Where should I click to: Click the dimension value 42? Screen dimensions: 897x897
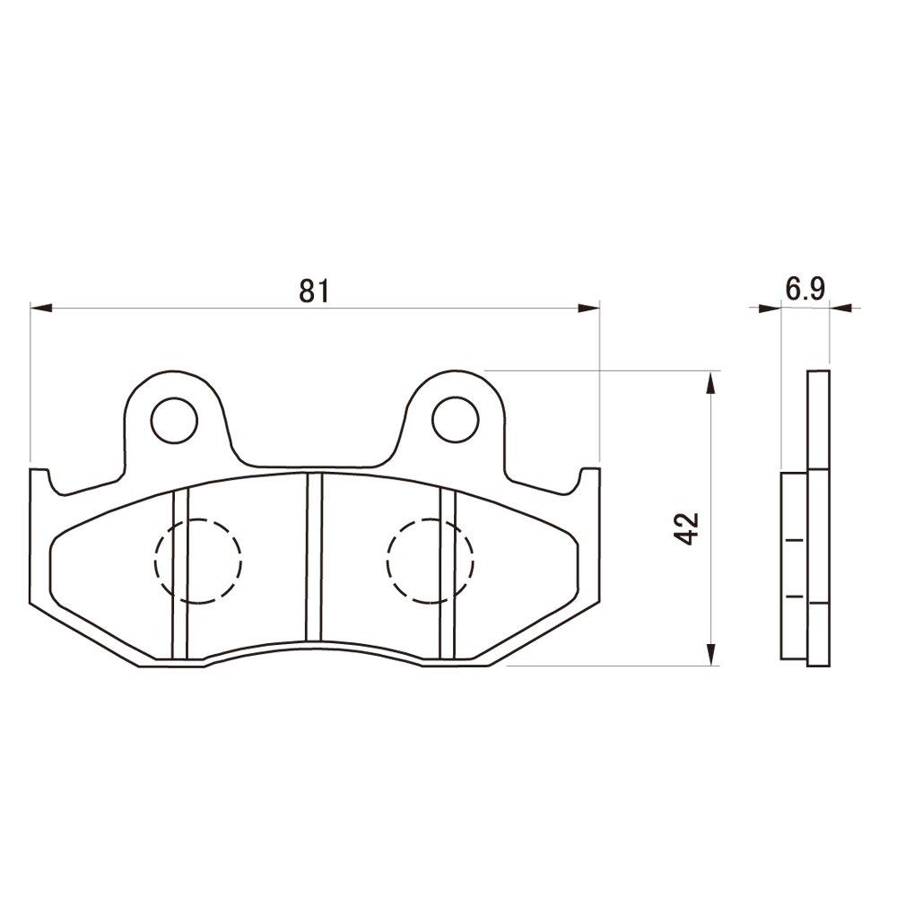(x=688, y=529)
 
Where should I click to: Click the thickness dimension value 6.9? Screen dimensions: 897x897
(x=805, y=289)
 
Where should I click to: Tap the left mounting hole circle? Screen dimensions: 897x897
(x=174, y=418)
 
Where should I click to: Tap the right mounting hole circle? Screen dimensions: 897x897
(x=455, y=418)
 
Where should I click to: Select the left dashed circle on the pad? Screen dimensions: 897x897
(x=198, y=561)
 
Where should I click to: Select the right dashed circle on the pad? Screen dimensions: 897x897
(x=431, y=561)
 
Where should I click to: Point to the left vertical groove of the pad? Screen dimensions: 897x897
(x=179, y=574)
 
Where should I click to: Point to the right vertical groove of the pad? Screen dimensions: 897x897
(x=448, y=574)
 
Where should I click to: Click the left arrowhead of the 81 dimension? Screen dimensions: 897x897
(x=41, y=309)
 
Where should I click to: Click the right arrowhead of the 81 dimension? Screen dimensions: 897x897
(x=589, y=309)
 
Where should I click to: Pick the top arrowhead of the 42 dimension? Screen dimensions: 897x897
(x=711, y=382)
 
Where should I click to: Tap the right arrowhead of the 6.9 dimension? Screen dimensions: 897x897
(x=840, y=309)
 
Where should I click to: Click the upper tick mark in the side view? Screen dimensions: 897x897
(x=793, y=541)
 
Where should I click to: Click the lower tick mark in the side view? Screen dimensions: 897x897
(x=793, y=596)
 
